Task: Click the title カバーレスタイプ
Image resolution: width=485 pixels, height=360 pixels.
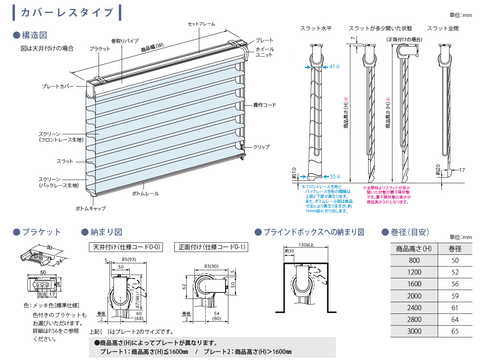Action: pos(67,13)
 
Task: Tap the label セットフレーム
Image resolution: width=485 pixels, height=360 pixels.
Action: pos(201,24)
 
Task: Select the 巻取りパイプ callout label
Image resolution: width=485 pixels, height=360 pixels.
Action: pos(125,41)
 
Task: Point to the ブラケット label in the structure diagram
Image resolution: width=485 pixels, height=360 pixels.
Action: pos(100,49)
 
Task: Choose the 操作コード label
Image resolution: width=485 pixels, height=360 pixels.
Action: pos(265,105)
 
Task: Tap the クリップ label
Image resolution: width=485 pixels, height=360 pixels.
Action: pos(261,147)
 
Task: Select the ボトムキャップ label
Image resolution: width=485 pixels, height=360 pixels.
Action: pos(91,209)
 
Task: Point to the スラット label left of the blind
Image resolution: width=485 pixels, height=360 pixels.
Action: pos(65,161)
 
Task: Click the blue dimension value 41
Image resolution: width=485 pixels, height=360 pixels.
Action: pos(333,66)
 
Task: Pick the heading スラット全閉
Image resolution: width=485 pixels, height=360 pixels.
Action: pos(443,28)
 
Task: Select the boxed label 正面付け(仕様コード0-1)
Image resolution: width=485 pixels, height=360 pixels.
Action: pos(211,247)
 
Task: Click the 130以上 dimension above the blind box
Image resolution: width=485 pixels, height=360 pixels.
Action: pos(306,245)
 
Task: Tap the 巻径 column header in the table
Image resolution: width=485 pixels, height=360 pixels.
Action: pos(455,249)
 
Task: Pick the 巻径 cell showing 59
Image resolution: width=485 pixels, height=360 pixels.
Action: pos(455,296)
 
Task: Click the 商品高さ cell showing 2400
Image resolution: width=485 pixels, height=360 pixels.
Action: pos(414,308)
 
